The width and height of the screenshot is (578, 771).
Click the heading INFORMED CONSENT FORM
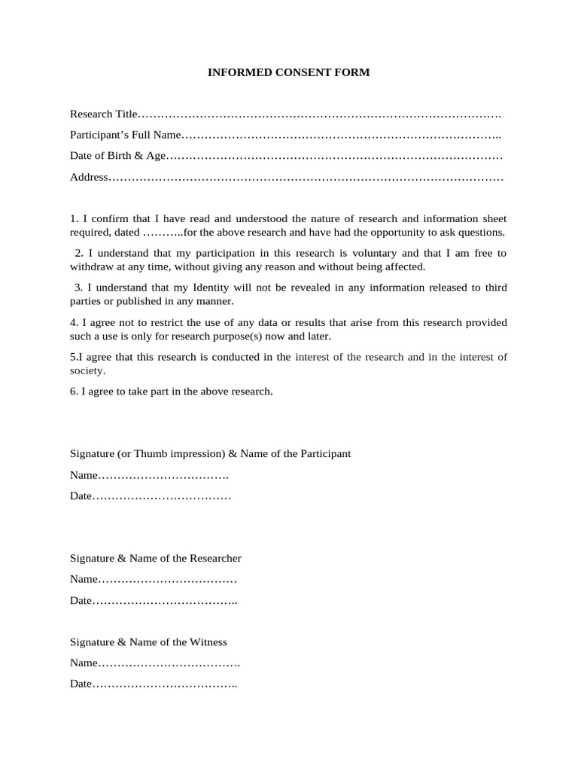tap(289, 73)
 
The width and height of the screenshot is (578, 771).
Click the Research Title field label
tap(104, 114)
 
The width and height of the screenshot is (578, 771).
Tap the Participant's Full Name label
tap(126, 136)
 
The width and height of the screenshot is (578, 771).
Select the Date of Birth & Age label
tap(117, 156)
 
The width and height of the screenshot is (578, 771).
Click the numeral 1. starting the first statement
tap(73, 218)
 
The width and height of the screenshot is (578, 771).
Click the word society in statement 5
tap(87, 370)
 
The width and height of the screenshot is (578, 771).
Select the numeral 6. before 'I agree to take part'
tap(74, 392)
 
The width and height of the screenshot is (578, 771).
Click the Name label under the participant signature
tap(84, 476)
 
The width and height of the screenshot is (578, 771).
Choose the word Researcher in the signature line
tap(215, 558)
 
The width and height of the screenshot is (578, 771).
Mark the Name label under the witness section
tap(84, 663)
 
